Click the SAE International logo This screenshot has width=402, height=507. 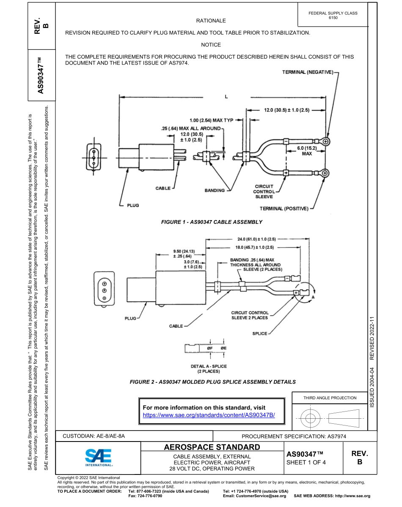(99, 456)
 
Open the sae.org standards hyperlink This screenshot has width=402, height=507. (209, 415)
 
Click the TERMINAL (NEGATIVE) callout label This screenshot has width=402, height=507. (308, 73)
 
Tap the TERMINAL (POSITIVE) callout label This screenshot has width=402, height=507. (284, 208)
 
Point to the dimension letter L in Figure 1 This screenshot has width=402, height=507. (226, 97)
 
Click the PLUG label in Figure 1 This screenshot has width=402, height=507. (133, 205)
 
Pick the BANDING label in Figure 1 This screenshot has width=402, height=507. (215, 191)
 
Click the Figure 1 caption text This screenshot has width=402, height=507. (212, 222)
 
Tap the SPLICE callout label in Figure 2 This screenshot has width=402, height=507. (259, 333)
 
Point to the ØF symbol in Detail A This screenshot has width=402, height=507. (210, 347)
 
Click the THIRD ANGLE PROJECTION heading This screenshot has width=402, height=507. (330, 398)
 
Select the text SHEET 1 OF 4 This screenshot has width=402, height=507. (306, 462)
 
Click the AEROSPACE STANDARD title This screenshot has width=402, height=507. (212, 447)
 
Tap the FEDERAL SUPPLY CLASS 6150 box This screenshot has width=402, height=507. (333, 16)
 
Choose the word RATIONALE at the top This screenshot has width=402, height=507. (211, 21)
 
